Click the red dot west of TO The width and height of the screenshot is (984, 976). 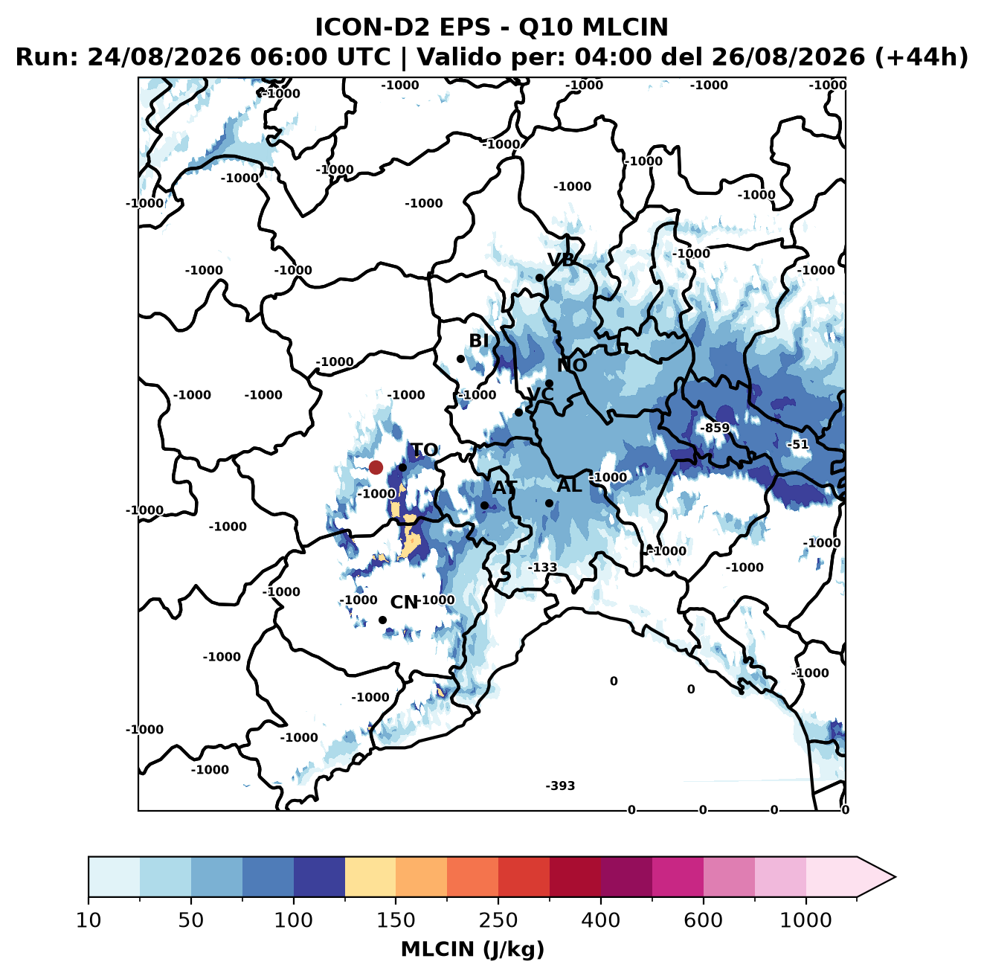376,467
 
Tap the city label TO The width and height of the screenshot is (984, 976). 425,450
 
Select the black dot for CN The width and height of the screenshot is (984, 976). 382,620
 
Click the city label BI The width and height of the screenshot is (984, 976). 479,341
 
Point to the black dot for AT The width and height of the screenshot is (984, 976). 484,506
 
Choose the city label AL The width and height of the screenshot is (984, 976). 570,485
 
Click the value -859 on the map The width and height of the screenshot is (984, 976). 714,428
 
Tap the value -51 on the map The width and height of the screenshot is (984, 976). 798,444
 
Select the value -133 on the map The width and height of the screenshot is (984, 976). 542,568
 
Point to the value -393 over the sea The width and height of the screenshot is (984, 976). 560,786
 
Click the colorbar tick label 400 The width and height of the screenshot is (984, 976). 600,920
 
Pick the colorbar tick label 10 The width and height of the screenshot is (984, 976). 89,920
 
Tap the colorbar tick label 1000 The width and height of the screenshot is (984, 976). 805,920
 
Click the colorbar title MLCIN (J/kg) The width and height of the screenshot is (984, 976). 472,949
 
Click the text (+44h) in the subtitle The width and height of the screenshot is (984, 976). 921,57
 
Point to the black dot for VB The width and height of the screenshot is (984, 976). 539,277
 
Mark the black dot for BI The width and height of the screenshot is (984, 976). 460,359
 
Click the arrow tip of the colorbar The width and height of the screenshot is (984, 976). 895,877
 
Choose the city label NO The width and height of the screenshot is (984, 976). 572,365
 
